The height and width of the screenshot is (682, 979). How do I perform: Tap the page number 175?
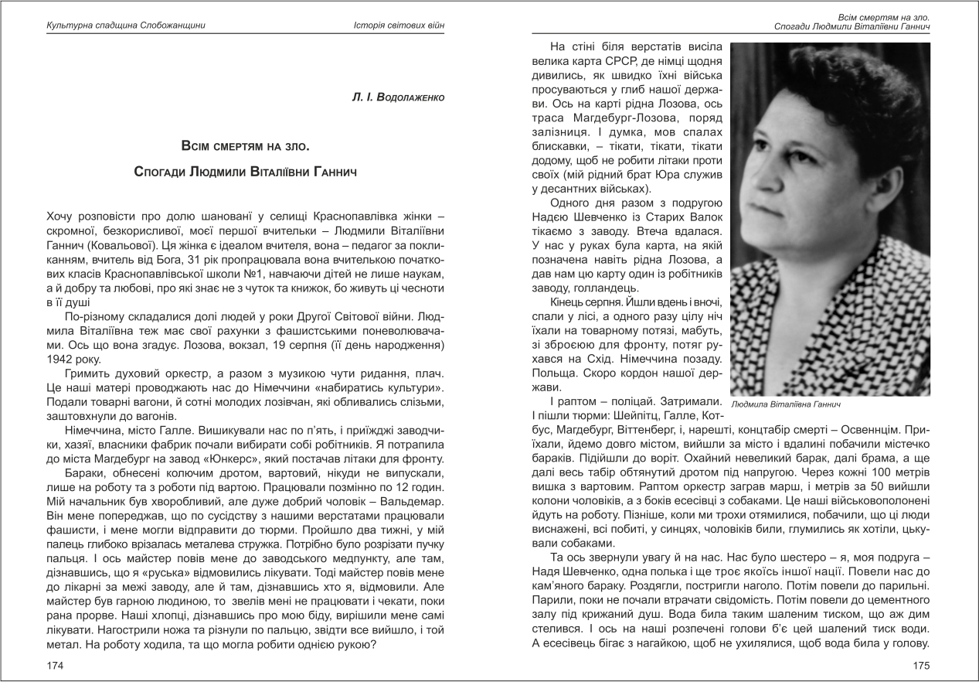point(921,665)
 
